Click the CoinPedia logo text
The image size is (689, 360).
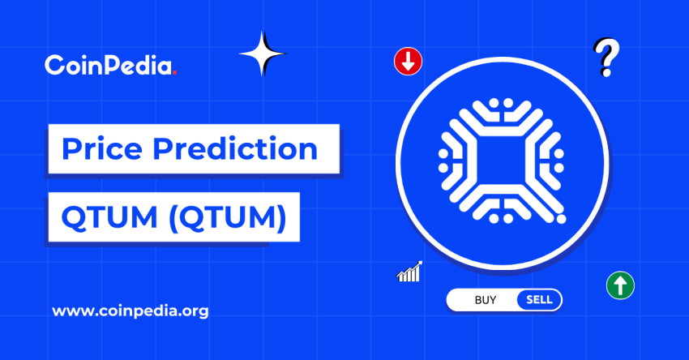[x=109, y=65]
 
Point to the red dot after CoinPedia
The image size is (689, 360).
[x=175, y=72]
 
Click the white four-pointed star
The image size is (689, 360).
[x=262, y=54]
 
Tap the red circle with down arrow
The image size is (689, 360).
[x=407, y=61]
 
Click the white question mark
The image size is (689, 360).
[x=603, y=58]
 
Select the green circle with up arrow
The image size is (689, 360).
[x=620, y=285]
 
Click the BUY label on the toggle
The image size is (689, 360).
[x=486, y=300]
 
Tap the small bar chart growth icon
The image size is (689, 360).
[x=409, y=272]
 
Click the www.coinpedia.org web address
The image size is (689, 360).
[x=130, y=311]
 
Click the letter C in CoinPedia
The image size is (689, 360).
[x=53, y=65]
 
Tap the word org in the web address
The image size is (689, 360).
[x=195, y=311]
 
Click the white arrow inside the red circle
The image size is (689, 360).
[x=407, y=61]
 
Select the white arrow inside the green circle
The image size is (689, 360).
[x=620, y=285]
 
